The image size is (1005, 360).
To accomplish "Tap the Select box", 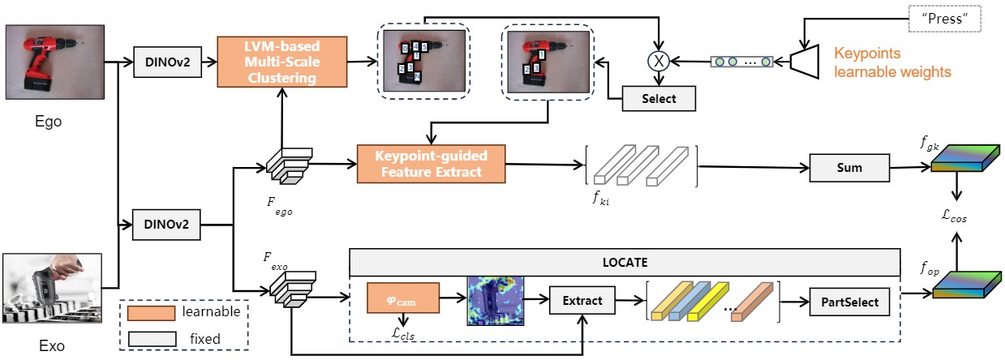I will [660, 99].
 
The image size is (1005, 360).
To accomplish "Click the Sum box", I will [849, 168].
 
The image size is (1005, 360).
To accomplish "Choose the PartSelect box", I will [849, 302].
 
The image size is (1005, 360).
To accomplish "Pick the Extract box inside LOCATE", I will [583, 301].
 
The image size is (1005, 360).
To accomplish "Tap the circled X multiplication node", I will [659, 60].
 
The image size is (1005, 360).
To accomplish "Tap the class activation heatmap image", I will [496, 300].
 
